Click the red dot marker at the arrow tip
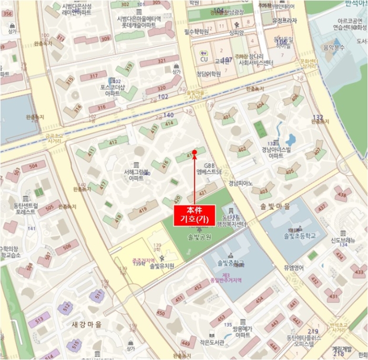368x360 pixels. coord(195,153)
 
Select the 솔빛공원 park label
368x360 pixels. coord(198,237)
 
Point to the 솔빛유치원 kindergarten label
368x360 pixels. coord(162,267)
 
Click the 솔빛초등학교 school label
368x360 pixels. coord(299,236)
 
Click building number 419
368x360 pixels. coord(142,210)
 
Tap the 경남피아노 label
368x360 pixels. coord(240,183)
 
